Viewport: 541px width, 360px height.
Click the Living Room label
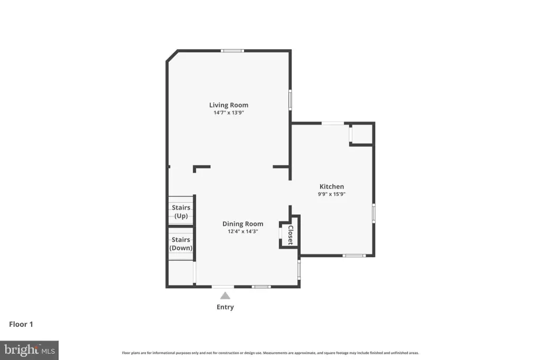(228, 105)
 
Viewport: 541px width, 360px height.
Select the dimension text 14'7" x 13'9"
(228, 113)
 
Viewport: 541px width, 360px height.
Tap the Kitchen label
(332, 186)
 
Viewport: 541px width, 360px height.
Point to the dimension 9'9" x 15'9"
(332, 194)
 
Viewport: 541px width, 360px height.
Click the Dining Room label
(242, 224)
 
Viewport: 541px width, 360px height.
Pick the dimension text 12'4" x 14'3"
(242, 231)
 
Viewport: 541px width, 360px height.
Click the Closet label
(291, 235)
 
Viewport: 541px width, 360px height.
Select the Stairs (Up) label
(181, 212)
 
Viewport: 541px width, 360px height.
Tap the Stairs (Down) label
(181, 244)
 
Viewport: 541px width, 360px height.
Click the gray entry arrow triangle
(225, 296)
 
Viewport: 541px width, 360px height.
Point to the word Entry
(225, 307)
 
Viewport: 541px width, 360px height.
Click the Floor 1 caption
(21, 324)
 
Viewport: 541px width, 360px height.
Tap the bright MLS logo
(30, 350)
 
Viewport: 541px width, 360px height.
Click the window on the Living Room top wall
(232, 51)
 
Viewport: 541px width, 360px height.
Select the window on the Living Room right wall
(290, 100)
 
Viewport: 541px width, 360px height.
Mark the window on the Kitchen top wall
(333, 123)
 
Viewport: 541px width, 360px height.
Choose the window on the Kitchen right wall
(374, 213)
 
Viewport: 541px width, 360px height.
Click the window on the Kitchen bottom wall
(354, 255)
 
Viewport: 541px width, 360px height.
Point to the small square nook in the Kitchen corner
(361, 134)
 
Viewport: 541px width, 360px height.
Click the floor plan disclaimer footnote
(270, 353)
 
